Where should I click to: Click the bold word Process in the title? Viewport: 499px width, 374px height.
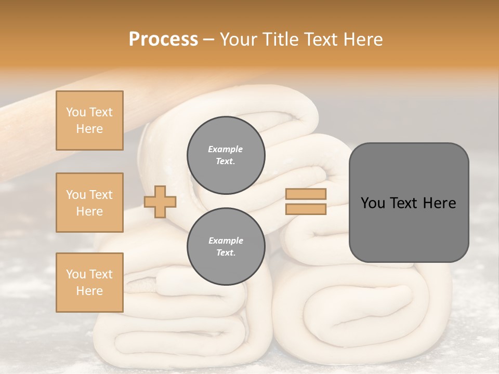163,39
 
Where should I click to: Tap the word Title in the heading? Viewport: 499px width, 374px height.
280,39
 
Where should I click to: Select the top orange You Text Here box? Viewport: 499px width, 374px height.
89,121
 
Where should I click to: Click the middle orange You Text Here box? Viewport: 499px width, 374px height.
89,203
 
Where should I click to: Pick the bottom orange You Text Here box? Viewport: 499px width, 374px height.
89,283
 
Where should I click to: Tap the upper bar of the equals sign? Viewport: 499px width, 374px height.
306,194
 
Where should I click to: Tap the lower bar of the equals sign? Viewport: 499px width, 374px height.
306,209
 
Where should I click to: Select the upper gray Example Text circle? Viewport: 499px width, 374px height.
226,155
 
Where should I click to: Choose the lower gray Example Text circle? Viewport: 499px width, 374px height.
226,247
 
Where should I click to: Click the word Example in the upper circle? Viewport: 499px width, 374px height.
226,149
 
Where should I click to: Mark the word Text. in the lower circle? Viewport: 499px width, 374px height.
226,253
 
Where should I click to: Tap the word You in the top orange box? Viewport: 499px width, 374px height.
75,112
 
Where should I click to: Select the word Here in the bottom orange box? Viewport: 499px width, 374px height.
89,291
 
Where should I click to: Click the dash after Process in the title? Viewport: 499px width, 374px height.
209,39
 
